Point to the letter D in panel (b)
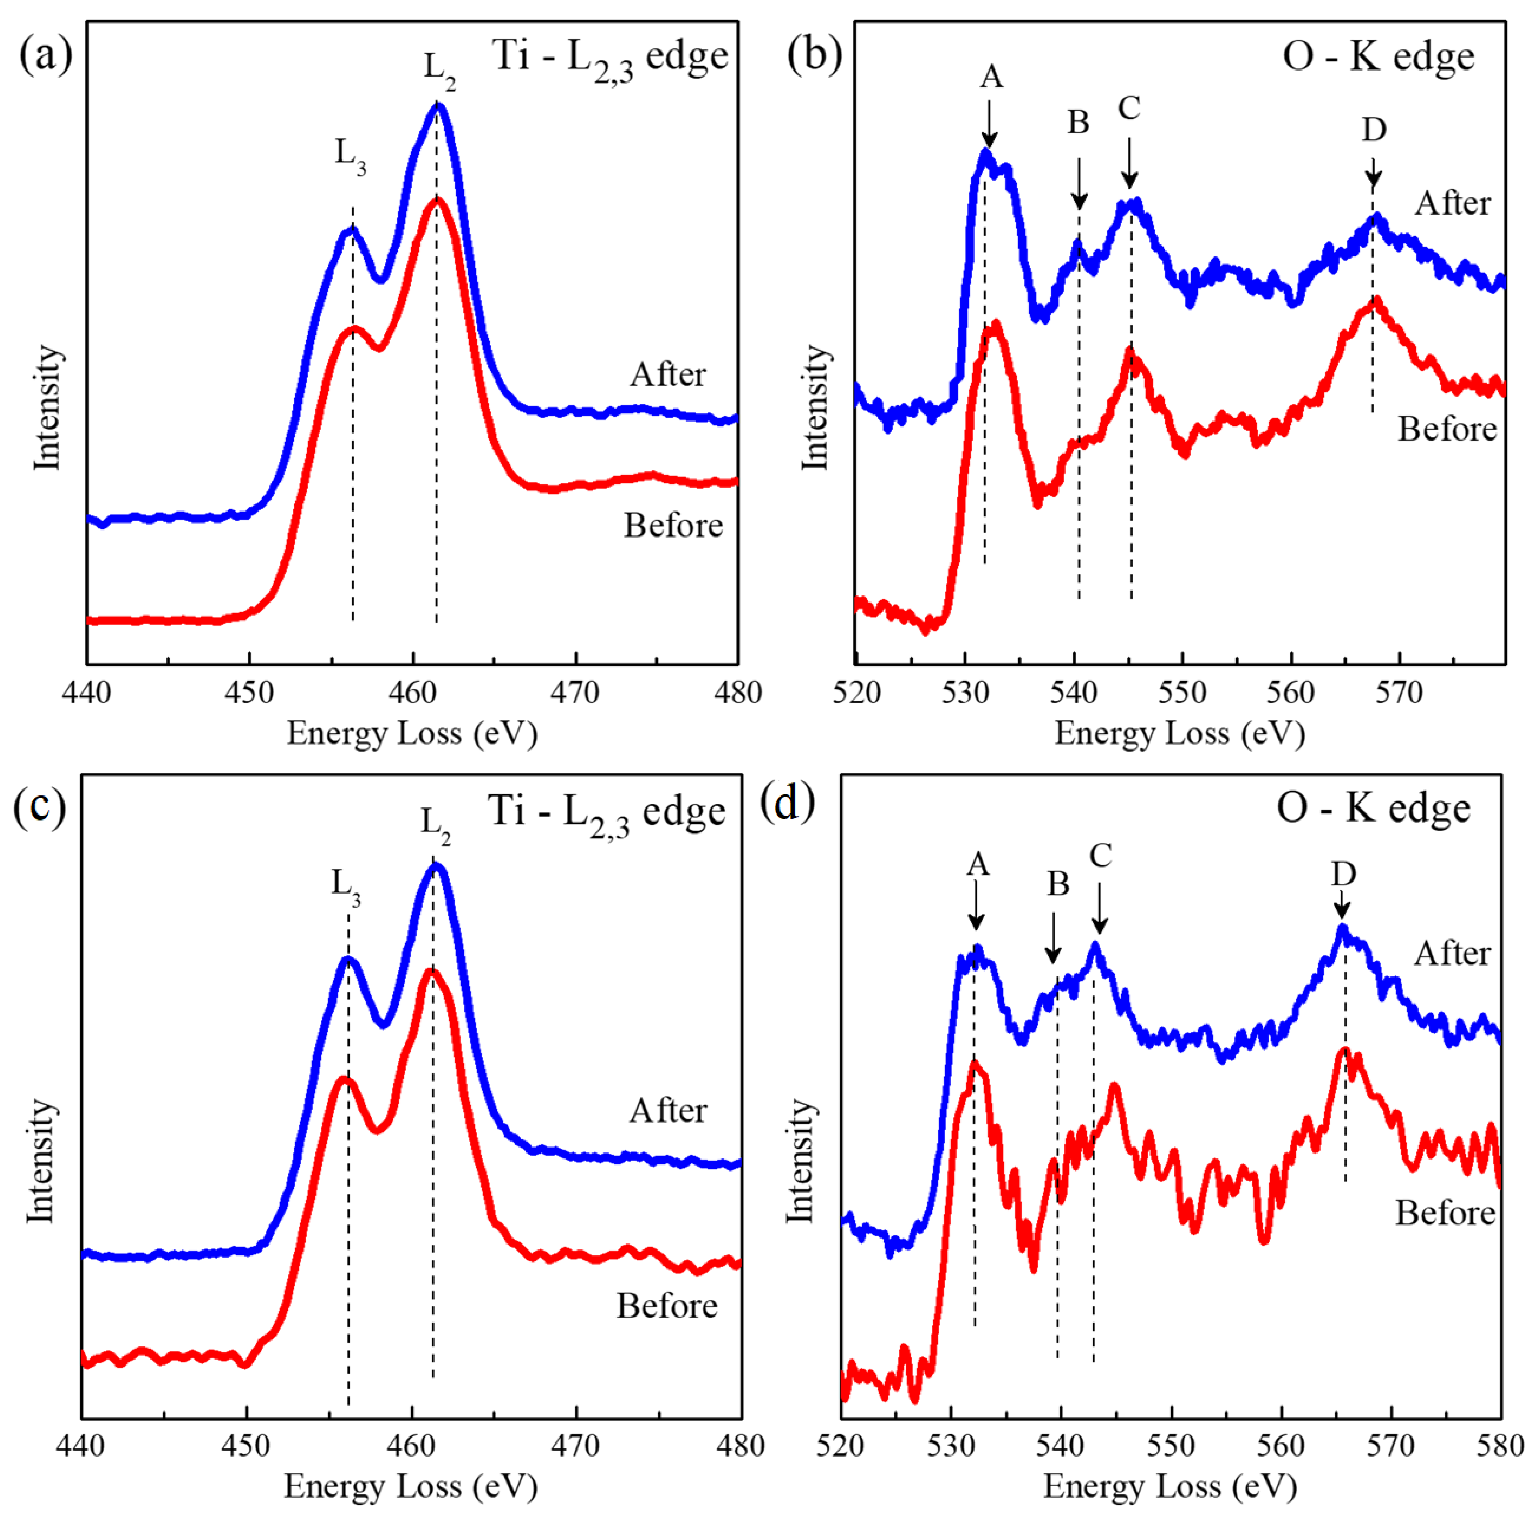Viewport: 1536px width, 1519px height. (1374, 129)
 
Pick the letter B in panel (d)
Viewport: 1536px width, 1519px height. (1057, 884)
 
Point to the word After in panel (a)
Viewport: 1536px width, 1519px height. (668, 375)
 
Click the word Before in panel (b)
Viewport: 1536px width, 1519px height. (1447, 429)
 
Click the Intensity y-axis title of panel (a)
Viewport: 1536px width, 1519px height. (48, 407)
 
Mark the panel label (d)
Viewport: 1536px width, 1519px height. (787, 803)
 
